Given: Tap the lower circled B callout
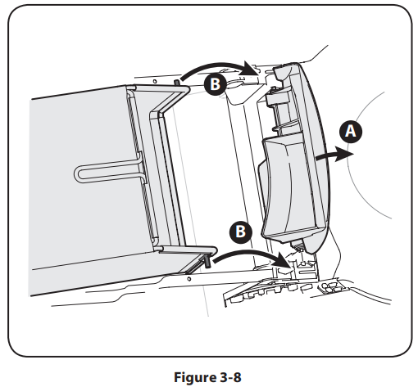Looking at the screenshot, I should coord(241,232).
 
